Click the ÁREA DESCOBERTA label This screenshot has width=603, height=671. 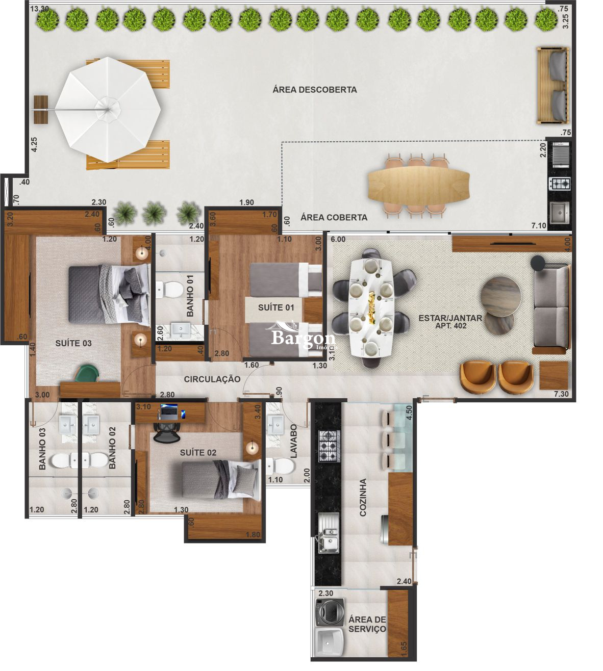click(314, 90)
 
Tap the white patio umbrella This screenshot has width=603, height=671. click(108, 109)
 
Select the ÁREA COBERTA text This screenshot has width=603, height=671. click(334, 217)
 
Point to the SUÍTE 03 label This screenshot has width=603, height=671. click(73, 343)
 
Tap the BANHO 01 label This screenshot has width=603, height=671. click(190, 296)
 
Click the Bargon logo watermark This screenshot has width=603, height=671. click(303, 338)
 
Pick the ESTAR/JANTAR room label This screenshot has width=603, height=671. click(450, 321)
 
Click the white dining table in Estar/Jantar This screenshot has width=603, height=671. click(371, 308)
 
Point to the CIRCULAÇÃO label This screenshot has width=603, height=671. click(212, 379)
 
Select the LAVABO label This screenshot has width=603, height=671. click(293, 442)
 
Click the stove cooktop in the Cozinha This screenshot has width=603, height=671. click(329, 446)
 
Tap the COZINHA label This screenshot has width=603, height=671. click(363, 497)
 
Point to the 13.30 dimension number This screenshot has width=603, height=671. click(40, 9)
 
